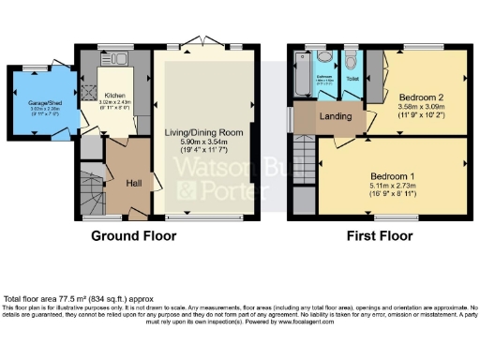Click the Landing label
336,117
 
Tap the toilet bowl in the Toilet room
351,63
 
